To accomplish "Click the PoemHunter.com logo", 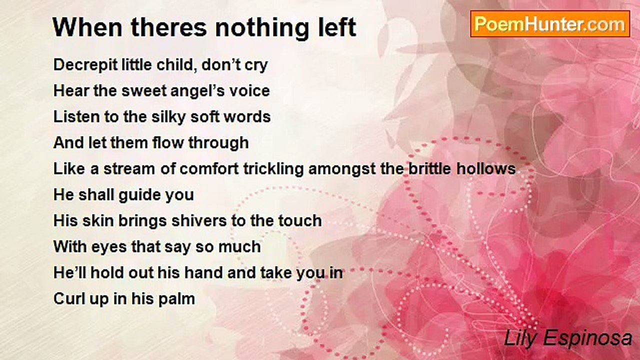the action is (550, 24).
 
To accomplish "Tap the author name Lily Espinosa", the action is (568, 338).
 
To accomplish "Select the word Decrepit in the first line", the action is (85, 65).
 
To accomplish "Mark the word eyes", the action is (109, 247).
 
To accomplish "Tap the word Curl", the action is (69, 299).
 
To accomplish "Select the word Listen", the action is (76, 117).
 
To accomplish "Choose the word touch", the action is (300, 221).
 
